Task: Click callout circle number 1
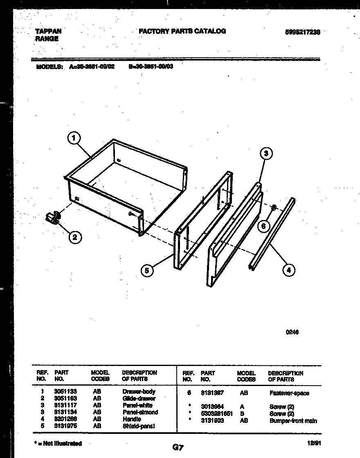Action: click(x=74, y=139)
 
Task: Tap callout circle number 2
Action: click(x=74, y=237)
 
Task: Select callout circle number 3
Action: click(x=266, y=154)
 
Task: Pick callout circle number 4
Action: click(x=288, y=269)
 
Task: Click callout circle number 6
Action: click(x=264, y=226)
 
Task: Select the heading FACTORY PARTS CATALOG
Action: click(x=182, y=31)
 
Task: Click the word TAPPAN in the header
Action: click(x=48, y=31)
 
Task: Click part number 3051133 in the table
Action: click(x=65, y=391)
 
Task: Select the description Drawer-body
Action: click(x=139, y=391)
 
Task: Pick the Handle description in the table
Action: click(x=132, y=419)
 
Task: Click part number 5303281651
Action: click(x=217, y=414)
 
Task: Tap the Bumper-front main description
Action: click(x=293, y=421)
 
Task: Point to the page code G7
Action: click(x=178, y=447)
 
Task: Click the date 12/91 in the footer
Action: click(x=313, y=443)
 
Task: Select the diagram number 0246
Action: click(x=292, y=332)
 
